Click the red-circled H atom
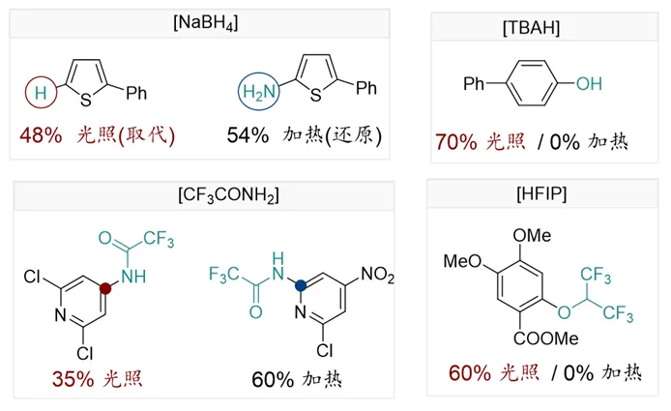(x=40, y=95)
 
